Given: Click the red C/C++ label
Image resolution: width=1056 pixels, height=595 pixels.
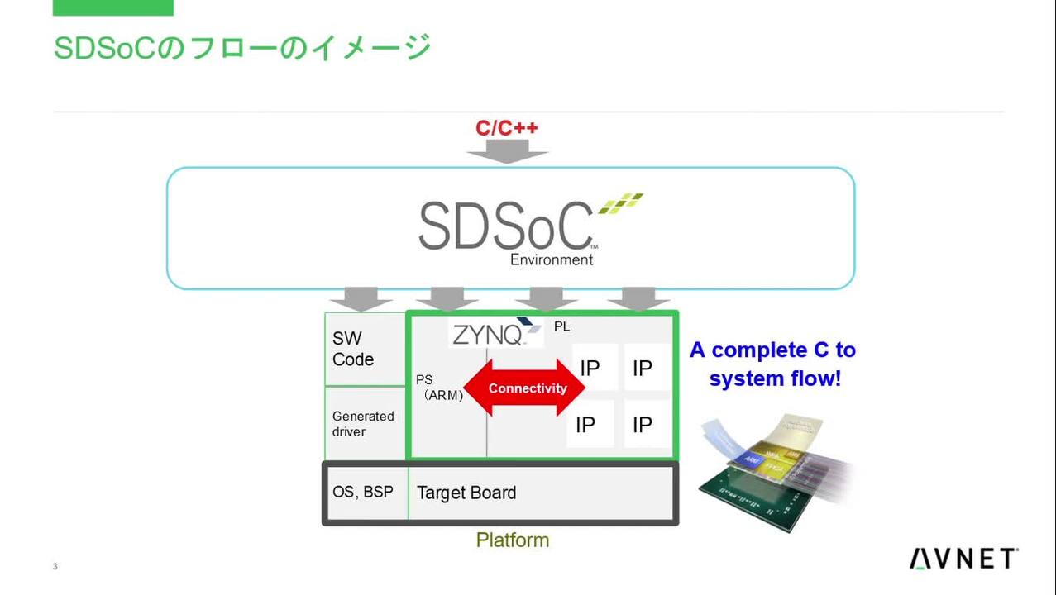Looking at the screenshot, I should pos(506,128).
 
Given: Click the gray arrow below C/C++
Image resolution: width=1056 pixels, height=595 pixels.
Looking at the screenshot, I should pos(507,151).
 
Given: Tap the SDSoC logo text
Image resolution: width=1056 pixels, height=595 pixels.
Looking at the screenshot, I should pos(505,226).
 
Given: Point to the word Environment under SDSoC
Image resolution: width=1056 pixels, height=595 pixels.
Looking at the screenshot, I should pos(552,259).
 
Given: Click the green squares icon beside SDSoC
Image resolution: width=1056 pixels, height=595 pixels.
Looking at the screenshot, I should pos(620,203).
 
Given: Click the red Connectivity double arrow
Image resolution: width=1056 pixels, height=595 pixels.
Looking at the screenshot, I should pos(526,388).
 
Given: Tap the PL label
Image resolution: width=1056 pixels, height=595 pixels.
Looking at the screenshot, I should pos(561,326).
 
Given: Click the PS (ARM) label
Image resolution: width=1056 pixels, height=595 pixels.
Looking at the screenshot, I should pos(438,388).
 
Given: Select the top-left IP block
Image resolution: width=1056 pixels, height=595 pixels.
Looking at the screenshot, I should pos(590,368).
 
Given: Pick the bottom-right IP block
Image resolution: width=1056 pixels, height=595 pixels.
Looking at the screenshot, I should pos(643,425).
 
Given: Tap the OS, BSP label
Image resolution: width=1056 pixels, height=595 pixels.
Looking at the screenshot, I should pos(363,492).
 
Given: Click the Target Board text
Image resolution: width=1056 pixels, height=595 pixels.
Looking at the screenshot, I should pos(466,493).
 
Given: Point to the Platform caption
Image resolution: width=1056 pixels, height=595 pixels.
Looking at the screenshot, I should pos(512,540).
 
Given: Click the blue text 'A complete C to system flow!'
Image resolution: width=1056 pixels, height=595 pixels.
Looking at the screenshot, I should pos(773,364).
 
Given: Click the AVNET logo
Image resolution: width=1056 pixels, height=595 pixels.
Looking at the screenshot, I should pos(963,559).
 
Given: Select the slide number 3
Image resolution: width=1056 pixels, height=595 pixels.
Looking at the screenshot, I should pos(55,566).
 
